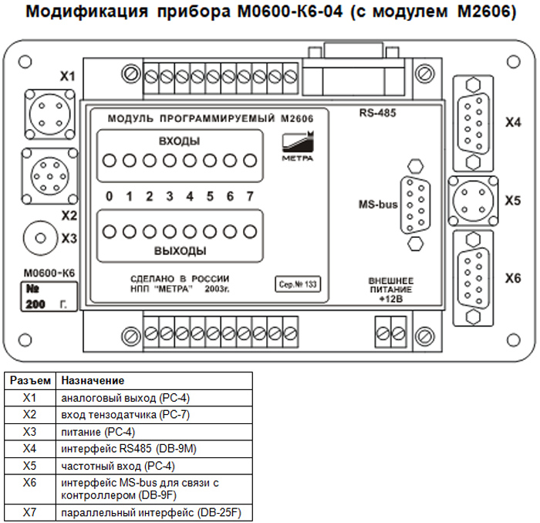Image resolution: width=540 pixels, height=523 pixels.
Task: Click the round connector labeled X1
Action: coord(48,114)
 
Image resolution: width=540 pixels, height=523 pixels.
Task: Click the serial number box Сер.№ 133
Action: coord(298,284)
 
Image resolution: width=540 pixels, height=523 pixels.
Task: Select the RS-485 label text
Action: coord(377,113)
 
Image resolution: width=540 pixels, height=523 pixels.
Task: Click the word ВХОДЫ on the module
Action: coord(179,141)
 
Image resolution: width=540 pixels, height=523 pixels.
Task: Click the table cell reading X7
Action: coord(30,513)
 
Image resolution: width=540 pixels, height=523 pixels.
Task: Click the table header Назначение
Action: coord(93,381)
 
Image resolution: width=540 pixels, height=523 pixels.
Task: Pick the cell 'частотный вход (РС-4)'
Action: coord(117,466)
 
